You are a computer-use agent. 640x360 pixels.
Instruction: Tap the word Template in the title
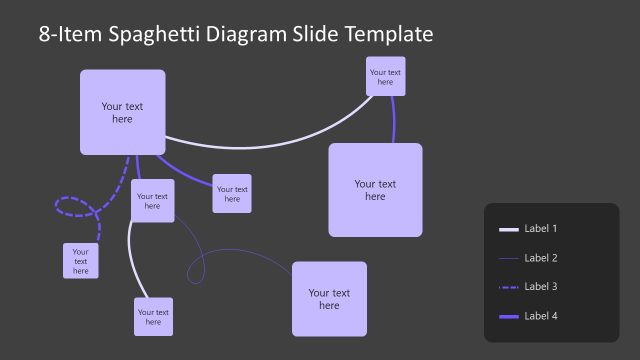(x=388, y=35)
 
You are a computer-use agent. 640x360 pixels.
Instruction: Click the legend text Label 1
(x=541, y=229)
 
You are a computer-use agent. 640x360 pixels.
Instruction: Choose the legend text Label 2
(x=541, y=258)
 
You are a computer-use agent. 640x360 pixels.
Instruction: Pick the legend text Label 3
(x=541, y=287)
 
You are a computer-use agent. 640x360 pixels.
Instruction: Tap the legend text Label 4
(x=541, y=316)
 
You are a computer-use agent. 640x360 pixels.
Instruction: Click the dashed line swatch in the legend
(x=508, y=287)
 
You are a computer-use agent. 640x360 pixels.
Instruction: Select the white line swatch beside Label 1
(x=508, y=229)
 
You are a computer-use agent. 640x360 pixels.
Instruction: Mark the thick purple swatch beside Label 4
(x=508, y=316)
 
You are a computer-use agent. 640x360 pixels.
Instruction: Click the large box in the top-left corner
(x=122, y=112)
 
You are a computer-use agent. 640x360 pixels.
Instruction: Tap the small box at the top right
(x=385, y=77)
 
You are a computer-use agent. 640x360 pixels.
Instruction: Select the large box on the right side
(x=375, y=190)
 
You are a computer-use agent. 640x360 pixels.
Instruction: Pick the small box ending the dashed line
(x=80, y=260)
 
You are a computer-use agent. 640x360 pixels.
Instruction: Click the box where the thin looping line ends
(x=329, y=299)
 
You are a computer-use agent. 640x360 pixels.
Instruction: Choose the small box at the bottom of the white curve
(x=153, y=316)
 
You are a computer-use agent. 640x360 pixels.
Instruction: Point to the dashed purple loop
(x=73, y=207)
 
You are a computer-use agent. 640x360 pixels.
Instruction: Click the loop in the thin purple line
(x=197, y=268)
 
